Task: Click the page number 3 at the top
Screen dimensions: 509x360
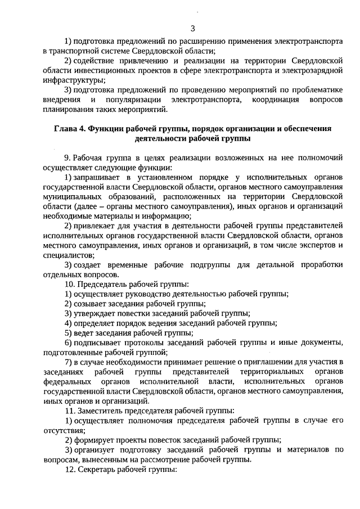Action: click(x=193, y=28)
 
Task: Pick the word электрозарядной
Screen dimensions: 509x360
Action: click(x=316, y=70)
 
